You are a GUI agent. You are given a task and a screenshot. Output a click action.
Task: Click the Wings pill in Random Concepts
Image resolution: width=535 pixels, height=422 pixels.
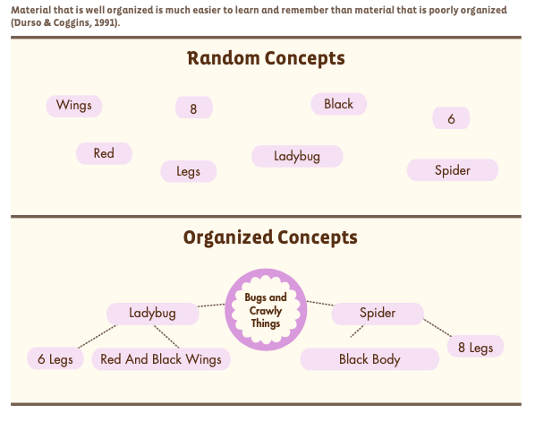coord(74,106)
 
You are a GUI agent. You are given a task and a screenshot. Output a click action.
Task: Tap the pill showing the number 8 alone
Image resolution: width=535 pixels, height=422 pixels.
coord(194,108)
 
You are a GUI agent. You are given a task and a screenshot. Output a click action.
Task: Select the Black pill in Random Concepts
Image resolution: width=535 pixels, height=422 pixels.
coord(339,104)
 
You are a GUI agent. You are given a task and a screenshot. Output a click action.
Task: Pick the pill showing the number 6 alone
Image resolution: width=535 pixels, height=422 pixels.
coord(451,118)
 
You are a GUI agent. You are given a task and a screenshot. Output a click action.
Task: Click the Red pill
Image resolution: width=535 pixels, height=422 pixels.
coord(104,153)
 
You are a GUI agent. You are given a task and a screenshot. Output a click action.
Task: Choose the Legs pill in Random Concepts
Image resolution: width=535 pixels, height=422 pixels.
coord(189,171)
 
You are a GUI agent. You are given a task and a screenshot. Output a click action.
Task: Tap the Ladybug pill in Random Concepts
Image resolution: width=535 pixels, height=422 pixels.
coord(297,156)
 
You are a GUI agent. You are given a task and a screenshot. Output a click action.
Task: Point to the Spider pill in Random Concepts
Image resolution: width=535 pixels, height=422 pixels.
coord(453,170)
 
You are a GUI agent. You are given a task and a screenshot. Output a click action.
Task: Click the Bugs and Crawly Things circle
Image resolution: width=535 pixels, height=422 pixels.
coord(266,310)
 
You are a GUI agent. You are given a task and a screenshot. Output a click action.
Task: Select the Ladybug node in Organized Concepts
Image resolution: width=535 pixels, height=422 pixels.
coord(152,314)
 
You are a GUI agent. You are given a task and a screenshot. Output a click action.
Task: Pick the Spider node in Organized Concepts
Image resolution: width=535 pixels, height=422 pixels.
coord(378,314)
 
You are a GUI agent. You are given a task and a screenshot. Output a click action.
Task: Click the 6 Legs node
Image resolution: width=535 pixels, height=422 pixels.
coord(55,358)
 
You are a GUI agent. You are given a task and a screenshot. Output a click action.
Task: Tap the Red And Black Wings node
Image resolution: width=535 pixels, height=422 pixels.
coord(161,359)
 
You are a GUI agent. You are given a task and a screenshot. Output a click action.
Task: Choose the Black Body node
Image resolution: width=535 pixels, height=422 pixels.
coord(369,359)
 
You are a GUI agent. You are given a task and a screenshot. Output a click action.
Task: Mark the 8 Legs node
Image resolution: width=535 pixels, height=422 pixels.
coord(476,346)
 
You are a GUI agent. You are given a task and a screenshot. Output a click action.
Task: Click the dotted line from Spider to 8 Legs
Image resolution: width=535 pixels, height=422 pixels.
coord(437,327)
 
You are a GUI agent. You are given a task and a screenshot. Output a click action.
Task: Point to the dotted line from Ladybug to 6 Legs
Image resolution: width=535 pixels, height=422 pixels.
coord(98,337)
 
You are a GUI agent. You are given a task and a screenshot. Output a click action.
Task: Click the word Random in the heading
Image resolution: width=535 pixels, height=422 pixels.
coord(224,58)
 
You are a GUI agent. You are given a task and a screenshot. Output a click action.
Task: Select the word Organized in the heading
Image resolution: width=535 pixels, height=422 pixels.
coord(228,237)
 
